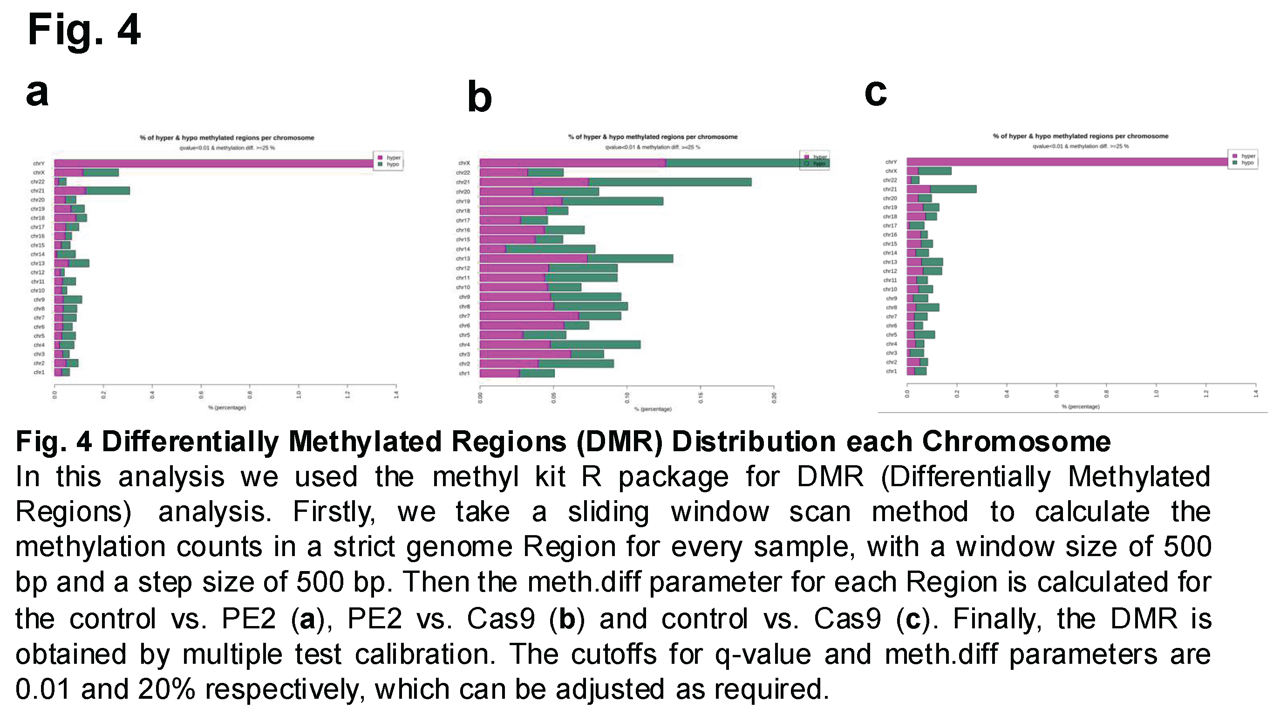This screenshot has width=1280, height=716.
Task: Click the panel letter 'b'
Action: click(479, 97)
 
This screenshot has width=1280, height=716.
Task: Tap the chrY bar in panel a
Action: click(214, 164)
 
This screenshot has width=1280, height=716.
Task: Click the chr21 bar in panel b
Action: click(615, 182)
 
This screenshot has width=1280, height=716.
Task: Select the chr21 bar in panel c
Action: click(941, 189)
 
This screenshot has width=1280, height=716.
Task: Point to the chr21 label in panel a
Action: click(38, 191)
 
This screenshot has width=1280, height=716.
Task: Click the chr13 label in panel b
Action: click(463, 259)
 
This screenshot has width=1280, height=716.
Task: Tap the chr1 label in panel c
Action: click(892, 372)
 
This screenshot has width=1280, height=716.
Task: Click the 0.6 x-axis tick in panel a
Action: click(201, 395)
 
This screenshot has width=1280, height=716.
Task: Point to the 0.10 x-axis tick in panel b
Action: click(627, 397)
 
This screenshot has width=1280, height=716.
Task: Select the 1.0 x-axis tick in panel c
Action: click(1156, 394)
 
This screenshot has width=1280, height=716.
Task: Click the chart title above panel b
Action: click(653, 137)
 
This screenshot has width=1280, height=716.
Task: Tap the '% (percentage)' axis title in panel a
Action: click(226, 408)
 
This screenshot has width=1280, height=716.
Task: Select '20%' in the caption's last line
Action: click(166, 689)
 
